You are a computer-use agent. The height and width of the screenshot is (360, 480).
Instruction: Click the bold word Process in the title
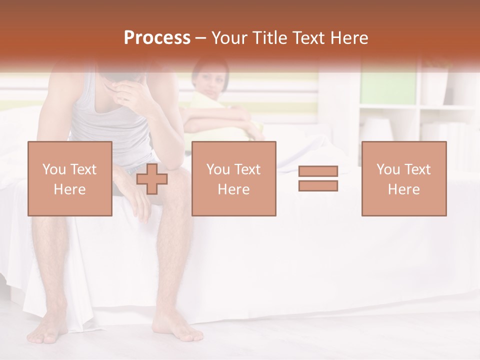157,38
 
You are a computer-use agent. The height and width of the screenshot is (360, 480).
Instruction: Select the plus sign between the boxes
152,179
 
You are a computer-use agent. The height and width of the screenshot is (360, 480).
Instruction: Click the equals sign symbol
318,178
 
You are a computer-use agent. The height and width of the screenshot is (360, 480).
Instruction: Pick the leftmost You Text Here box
70,179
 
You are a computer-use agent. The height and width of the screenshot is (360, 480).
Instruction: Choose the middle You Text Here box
234,179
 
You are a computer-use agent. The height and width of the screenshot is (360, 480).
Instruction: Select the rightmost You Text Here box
404,179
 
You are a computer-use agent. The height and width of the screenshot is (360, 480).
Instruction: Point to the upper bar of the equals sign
318,171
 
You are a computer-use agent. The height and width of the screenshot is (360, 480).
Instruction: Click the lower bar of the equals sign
318,185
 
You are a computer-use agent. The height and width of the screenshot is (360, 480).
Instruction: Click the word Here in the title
350,38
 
